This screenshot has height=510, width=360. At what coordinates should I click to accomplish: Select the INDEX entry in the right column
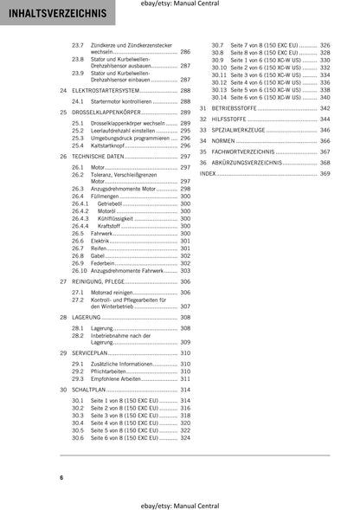coord(208,173)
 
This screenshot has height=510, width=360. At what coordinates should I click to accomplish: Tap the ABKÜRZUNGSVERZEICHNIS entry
coord(251,162)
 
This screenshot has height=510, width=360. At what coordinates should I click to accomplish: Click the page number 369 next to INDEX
coord(325,173)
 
